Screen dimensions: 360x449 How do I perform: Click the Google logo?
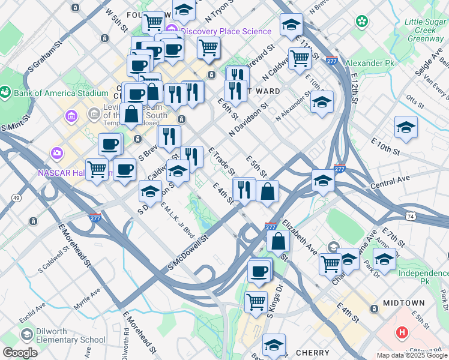pyautogui.click(x=20, y=353)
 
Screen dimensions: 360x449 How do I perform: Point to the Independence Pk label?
pyautogui.click(x=424, y=277)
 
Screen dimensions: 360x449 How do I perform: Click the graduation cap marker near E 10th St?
pyautogui.click(x=406, y=127)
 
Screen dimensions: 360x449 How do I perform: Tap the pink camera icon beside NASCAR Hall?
pyautogui.click(x=58, y=153)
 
